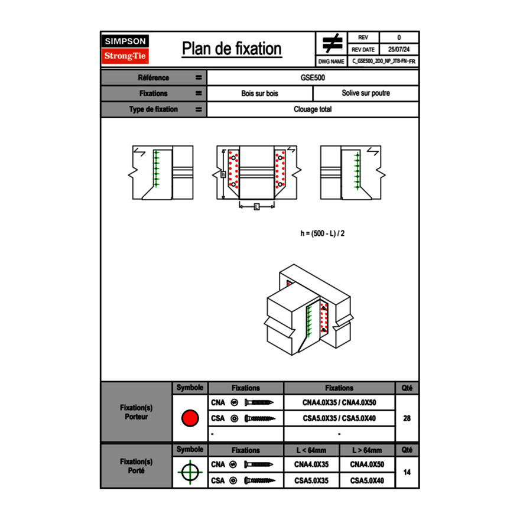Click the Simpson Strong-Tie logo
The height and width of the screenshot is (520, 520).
(x=126, y=49)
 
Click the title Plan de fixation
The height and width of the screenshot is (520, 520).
(x=232, y=49)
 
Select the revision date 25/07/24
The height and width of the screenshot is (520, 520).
(x=399, y=50)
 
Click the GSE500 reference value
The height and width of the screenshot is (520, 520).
(x=313, y=77)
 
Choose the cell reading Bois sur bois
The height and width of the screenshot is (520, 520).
(x=259, y=93)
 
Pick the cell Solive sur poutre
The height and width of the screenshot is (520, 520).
(x=365, y=93)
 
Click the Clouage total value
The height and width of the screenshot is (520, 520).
(x=313, y=109)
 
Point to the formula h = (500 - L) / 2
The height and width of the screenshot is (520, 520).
(x=322, y=233)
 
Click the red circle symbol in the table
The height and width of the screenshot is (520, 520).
(x=190, y=418)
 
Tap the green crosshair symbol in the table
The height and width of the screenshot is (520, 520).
(x=190, y=472)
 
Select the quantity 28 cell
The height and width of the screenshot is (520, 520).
(x=407, y=418)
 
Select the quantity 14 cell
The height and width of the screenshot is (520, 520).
(x=407, y=472)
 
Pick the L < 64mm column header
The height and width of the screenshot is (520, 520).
(x=311, y=450)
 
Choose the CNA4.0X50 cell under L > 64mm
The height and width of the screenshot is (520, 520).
(x=366, y=464)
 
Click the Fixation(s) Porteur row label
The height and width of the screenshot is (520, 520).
(x=136, y=412)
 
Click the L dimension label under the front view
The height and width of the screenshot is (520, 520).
(x=256, y=206)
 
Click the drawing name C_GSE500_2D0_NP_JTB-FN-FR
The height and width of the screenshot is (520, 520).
(x=383, y=61)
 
